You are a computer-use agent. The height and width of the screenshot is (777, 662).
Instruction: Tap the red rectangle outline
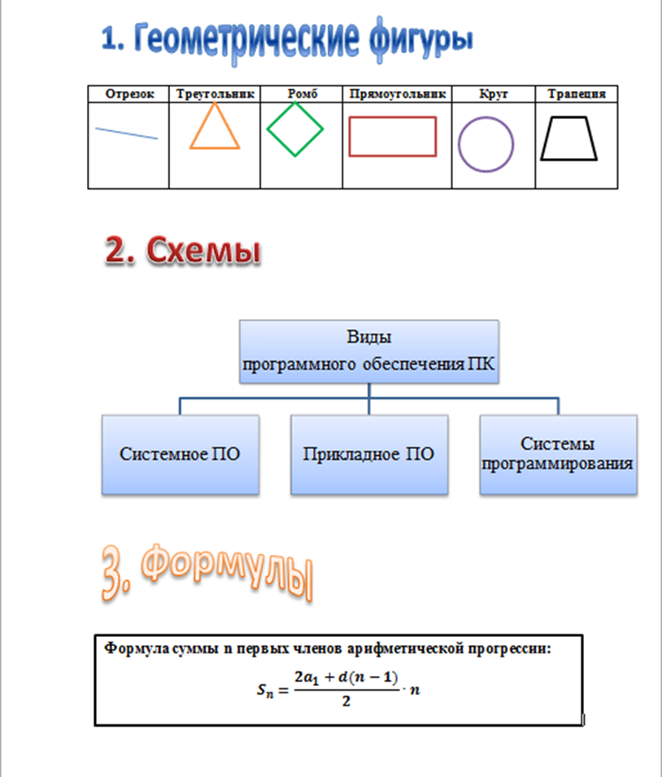coord(393,117)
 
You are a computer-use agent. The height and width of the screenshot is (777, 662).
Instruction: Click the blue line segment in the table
coord(126,133)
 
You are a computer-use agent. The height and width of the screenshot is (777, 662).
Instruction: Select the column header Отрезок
coord(128,94)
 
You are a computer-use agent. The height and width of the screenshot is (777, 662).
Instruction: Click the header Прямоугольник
coord(398,94)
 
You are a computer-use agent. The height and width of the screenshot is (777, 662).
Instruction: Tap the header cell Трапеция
coord(577,94)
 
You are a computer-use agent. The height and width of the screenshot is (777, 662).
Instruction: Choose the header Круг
coord(494,94)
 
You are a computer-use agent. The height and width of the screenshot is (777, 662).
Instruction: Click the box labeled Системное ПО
coord(180,454)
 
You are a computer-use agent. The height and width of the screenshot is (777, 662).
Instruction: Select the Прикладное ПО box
coord(368,454)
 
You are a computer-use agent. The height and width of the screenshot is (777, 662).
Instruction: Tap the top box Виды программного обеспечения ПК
coord(368,351)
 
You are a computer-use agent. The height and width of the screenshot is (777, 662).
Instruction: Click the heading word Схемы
coord(207,251)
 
